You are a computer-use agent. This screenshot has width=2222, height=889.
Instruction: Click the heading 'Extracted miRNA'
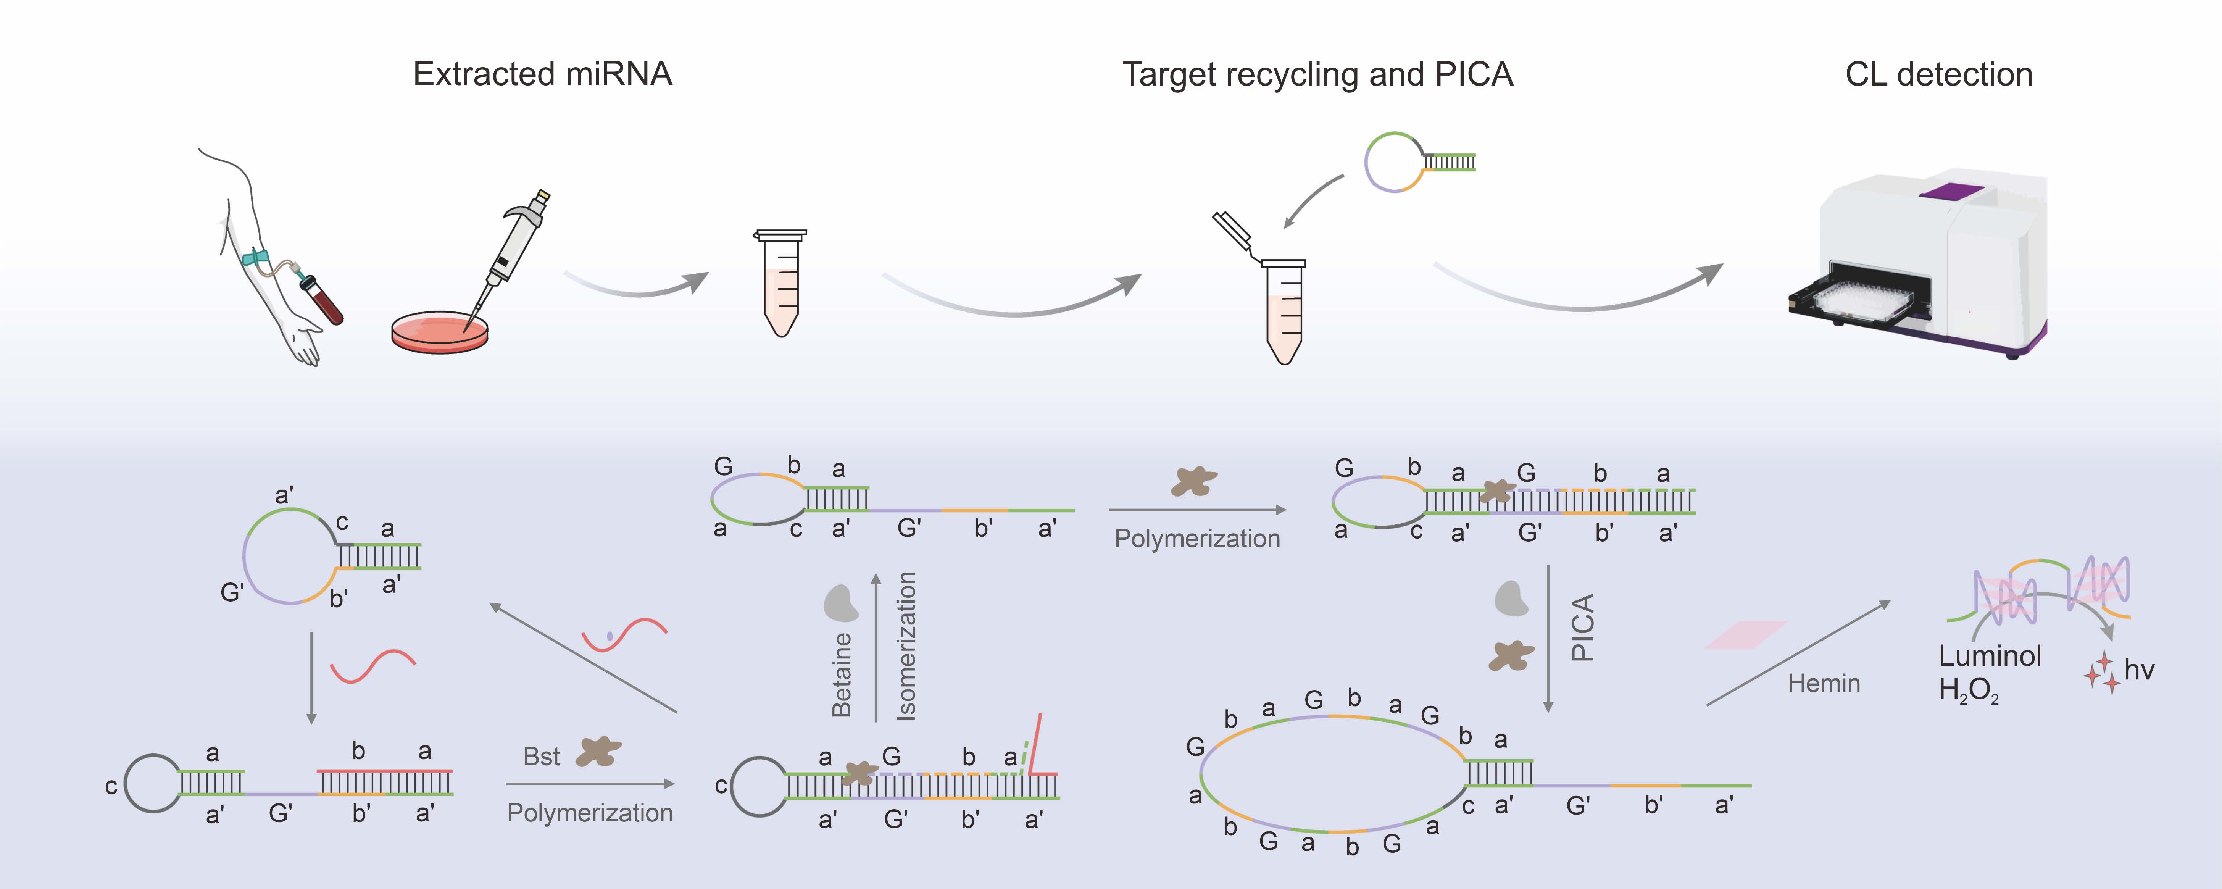(543, 74)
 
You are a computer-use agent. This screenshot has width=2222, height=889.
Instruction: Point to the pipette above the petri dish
(516, 246)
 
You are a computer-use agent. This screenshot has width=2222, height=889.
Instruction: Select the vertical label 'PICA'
(1583, 628)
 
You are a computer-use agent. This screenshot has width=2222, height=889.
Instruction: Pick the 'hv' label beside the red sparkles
(2139, 671)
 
